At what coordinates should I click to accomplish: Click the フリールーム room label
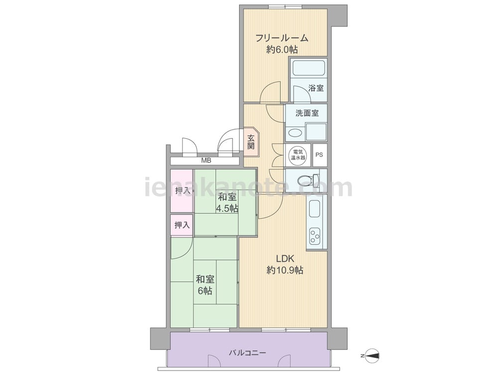(x=282, y=38)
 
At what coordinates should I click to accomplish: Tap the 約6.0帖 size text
(x=282, y=49)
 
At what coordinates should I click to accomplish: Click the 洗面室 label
(x=307, y=113)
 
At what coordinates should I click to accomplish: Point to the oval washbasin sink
(x=295, y=133)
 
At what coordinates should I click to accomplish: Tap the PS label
(x=319, y=155)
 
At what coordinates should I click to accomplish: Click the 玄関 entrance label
(x=251, y=142)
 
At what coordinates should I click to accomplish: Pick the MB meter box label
(x=206, y=161)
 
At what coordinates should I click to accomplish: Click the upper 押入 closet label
(x=183, y=191)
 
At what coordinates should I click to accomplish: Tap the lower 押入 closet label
(x=182, y=225)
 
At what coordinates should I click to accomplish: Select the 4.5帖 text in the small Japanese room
(x=227, y=208)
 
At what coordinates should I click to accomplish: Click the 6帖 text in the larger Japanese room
(x=205, y=291)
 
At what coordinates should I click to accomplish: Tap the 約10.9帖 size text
(x=285, y=270)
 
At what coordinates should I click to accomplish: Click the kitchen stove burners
(x=315, y=236)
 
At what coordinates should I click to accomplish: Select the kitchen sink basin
(x=314, y=209)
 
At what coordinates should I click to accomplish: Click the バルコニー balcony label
(x=247, y=353)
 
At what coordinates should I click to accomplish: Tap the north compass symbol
(x=371, y=355)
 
